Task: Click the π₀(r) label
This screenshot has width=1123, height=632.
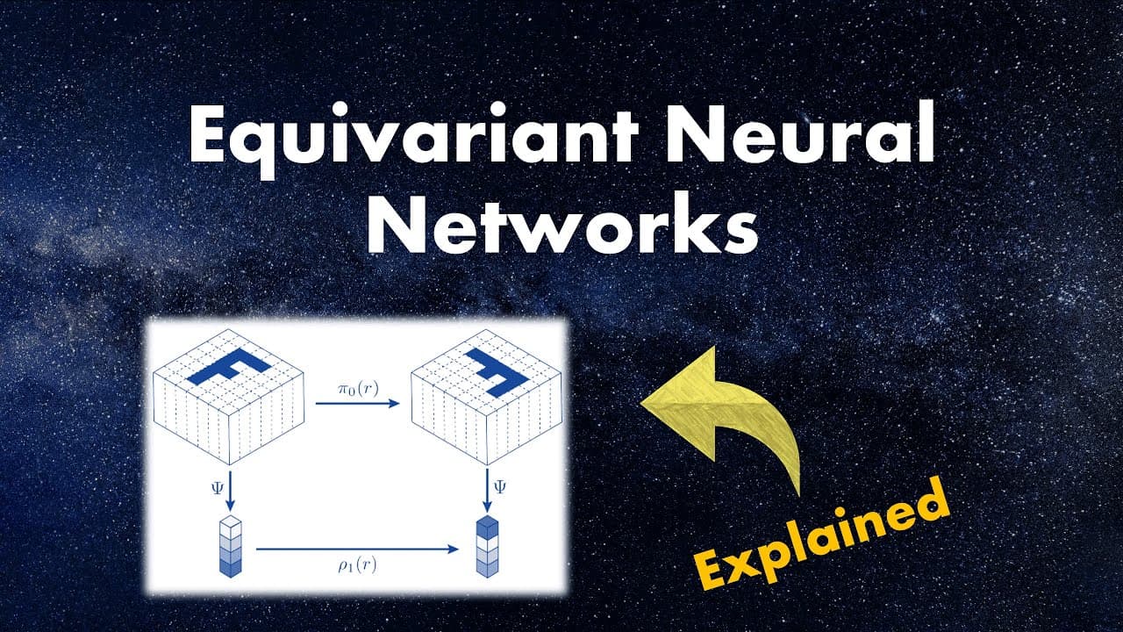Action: click(358, 389)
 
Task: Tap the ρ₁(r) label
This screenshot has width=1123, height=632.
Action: click(357, 566)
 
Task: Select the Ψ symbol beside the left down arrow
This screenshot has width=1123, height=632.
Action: click(217, 487)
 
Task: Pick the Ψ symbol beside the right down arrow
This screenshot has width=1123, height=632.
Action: click(500, 486)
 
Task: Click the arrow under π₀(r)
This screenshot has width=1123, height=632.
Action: click(357, 403)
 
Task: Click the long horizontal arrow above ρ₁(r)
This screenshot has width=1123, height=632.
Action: click(357, 549)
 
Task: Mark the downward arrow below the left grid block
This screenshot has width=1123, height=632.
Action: click(230, 490)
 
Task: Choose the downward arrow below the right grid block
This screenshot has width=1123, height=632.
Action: click(487, 490)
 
